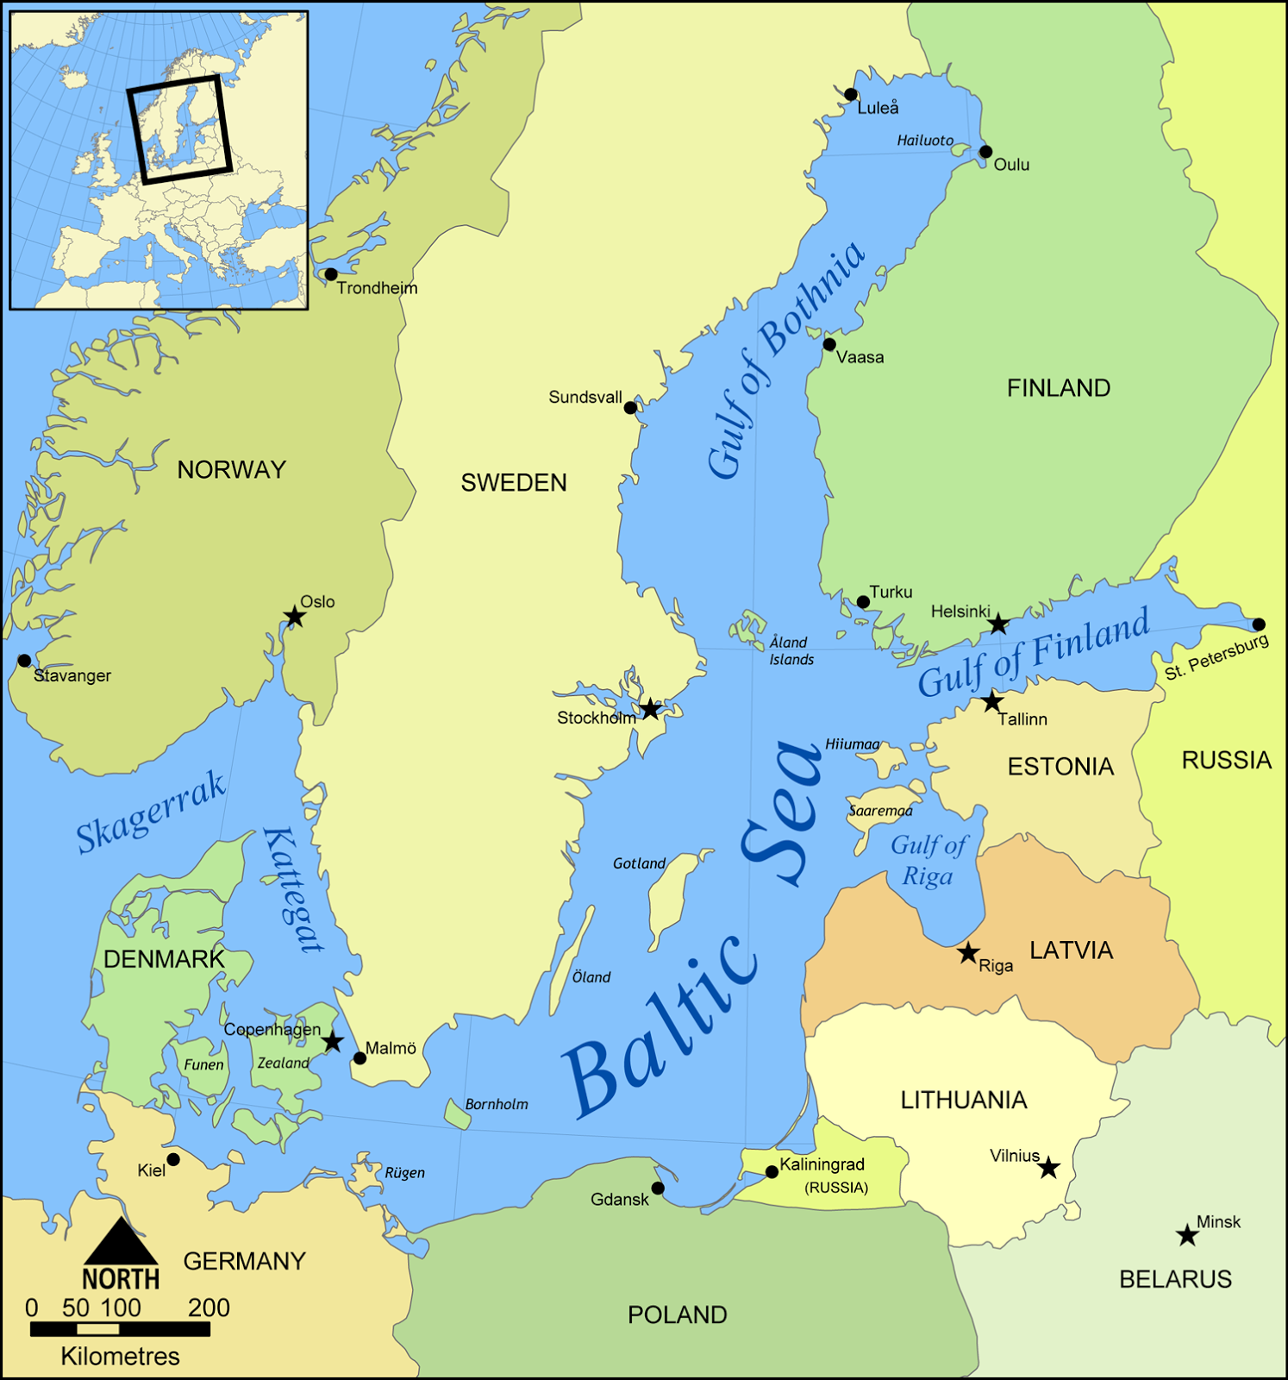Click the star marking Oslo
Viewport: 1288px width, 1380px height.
[x=295, y=617]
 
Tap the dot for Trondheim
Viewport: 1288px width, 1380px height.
[x=331, y=274]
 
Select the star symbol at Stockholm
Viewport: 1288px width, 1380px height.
[x=651, y=709]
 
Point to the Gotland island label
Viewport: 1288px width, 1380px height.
[x=639, y=863]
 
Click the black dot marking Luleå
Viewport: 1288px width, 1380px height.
[x=851, y=95]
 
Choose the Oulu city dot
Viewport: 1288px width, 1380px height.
[x=986, y=152]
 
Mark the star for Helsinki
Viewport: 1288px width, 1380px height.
[x=998, y=624]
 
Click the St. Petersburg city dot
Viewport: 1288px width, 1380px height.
[x=1259, y=624]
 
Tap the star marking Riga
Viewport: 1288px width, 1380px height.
[x=968, y=953]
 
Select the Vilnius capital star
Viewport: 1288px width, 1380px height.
[x=1048, y=1168]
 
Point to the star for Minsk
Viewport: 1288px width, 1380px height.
[x=1187, y=1235]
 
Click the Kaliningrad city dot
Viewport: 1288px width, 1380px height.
[x=772, y=1172]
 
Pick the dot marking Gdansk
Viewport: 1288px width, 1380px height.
[x=658, y=1189]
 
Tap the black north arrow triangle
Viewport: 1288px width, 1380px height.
[x=121, y=1243]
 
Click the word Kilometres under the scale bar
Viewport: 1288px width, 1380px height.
[x=120, y=1357]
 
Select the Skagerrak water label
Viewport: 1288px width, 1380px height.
[x=151, y=812]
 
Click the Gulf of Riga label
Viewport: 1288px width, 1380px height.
[x=928, y=861]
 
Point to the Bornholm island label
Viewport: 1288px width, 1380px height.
[x=497, y=1104]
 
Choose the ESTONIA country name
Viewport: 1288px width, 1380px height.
[x=1060, y=767]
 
